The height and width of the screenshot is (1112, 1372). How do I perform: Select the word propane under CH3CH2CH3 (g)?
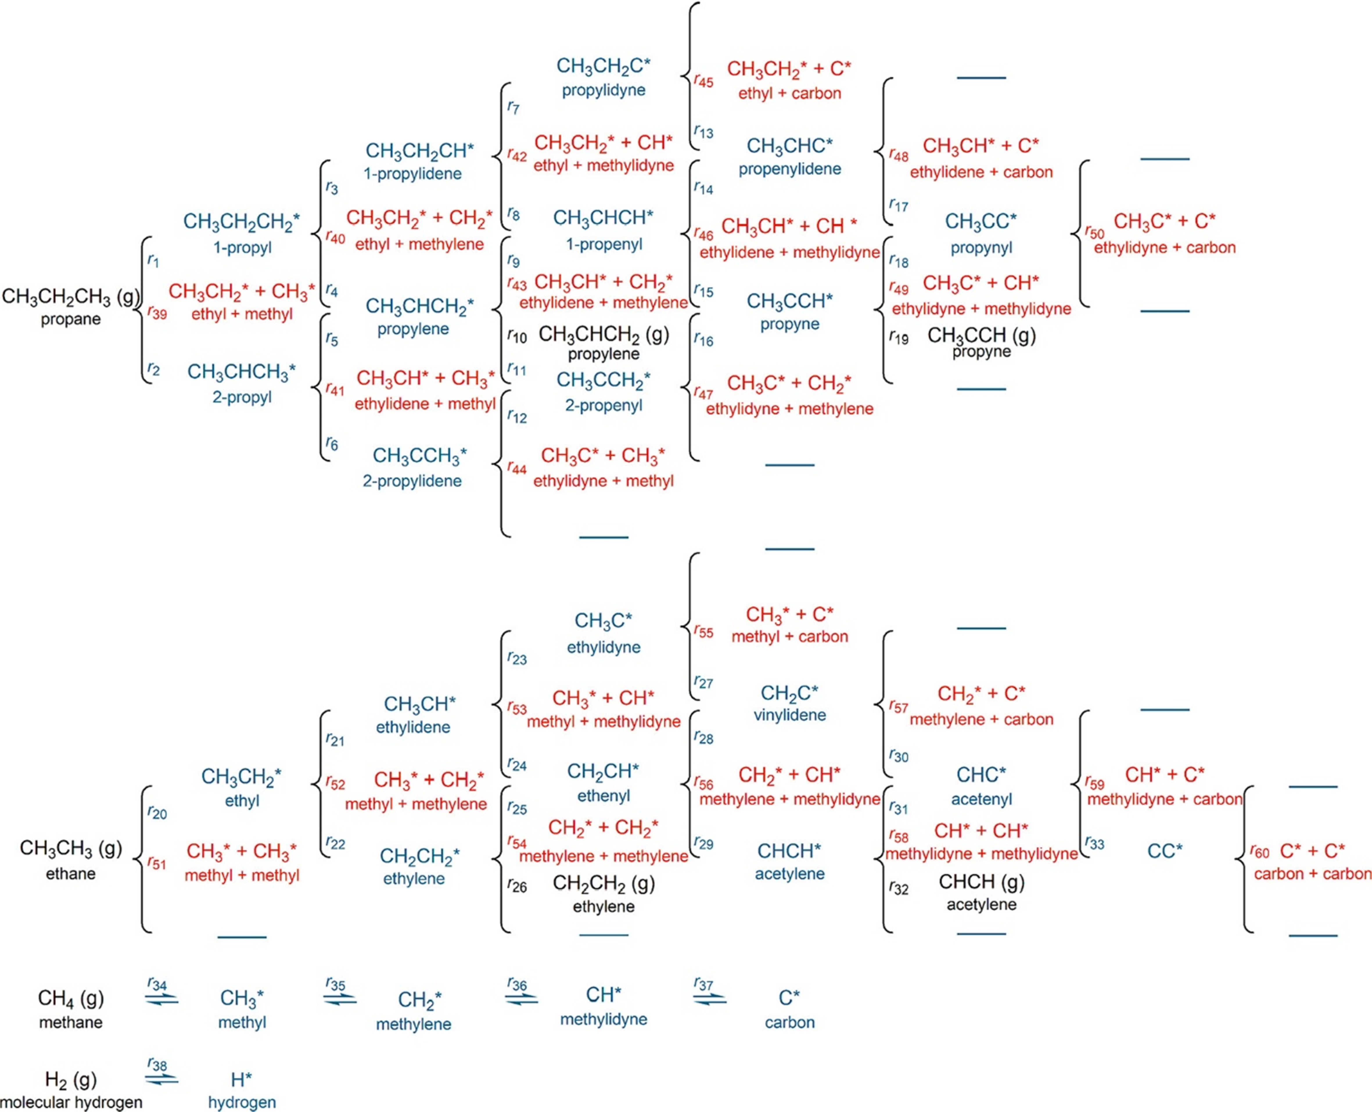pyautogui.click(x=71, y=319)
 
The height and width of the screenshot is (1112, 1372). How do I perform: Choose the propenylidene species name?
pyautogui.click(x=789, y=169)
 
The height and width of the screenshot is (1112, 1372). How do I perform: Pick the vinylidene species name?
pyautogui.click(x=789, y=715)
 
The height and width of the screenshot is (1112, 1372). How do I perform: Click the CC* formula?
pyautogui.click(x=1164, y=851)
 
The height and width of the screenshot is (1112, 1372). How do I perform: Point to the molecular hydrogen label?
pyautogui.click(x=71, y=1102)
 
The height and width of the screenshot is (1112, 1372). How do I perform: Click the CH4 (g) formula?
pyautogui.click(x=71, y=998)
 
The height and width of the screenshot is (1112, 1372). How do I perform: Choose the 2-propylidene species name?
pyautogui.click(x=412, y=481)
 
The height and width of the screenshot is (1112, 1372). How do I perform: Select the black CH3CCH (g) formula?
pyautogui.click(x=981, y=335)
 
